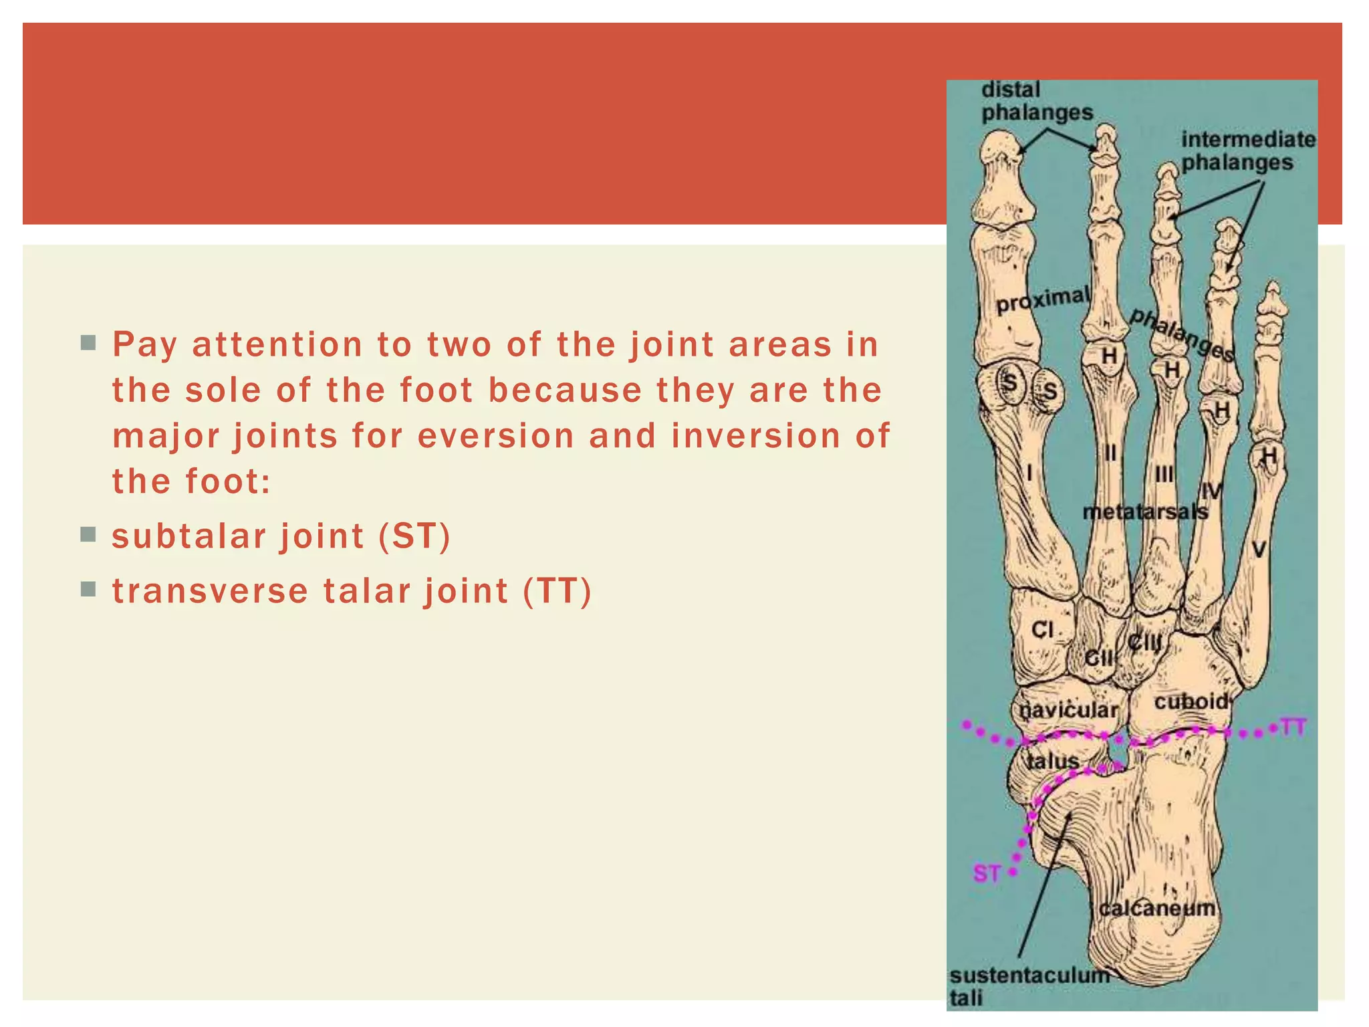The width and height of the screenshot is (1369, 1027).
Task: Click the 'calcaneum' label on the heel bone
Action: [x=1156, y=908]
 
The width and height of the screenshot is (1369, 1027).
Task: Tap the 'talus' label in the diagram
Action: [x=1053, y=761]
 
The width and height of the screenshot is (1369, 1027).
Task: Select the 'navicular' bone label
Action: [x=1068, y=710]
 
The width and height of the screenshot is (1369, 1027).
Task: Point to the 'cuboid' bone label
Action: [x=1191, y=701]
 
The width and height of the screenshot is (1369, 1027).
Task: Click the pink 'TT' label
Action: [x=1293, y=727]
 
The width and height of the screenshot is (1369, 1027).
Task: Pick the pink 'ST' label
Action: [x=987, y=873]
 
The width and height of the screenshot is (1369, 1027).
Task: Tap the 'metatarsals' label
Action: [x=1145, y=512]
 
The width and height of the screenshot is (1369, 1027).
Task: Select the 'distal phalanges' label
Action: [x=1036, y=101]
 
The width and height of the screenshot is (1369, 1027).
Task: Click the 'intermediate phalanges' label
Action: [x=1247, y=150]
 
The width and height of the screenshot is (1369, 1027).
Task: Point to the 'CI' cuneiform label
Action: [x=1042, y=629]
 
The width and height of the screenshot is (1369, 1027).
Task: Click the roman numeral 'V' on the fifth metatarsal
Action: [x=1259, y=550]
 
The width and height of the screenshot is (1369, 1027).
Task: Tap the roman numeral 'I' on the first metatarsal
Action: [x=1029, y=474]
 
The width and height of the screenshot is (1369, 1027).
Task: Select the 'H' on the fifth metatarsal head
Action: [x=1268, y=456]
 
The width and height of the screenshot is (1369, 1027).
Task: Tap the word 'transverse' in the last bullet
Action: [x=210, y=591]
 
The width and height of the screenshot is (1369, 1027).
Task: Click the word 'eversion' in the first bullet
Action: [x=495, y=436]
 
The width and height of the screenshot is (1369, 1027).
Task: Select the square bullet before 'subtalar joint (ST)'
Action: [x=88, y=534]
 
